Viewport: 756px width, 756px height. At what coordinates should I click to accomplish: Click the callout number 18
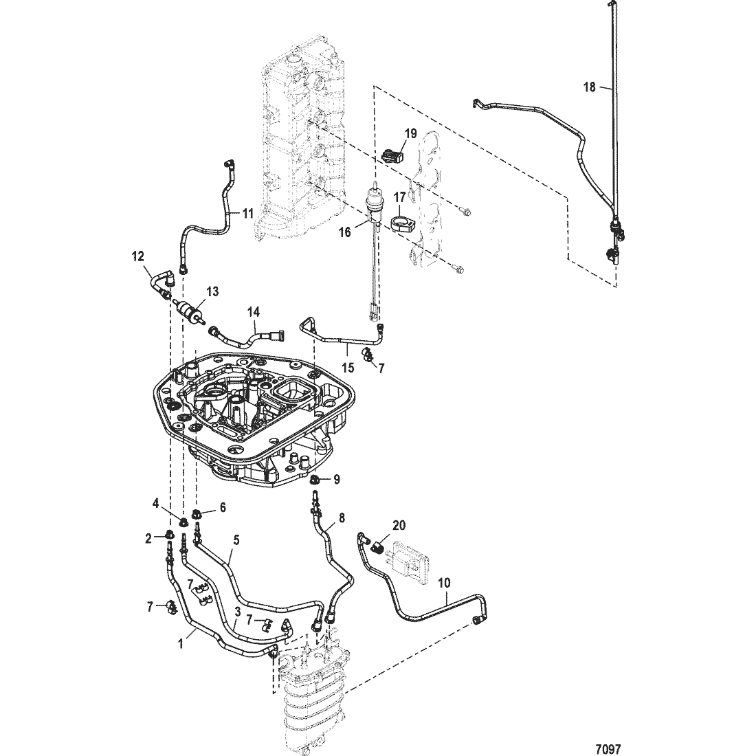coord(589,87)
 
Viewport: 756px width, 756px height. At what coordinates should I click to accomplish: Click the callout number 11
coord(247,213)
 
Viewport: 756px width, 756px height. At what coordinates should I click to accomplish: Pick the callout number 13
coord(212,291)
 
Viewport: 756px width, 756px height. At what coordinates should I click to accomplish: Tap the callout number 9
coord(337,480)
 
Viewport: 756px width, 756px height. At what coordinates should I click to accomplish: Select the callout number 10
coord(444,583)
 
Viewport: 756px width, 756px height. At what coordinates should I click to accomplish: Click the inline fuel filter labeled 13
coord(191,309)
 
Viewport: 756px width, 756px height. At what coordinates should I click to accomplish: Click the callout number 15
coord(348,368)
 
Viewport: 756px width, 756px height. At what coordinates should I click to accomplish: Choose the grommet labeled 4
coord(184,522)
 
